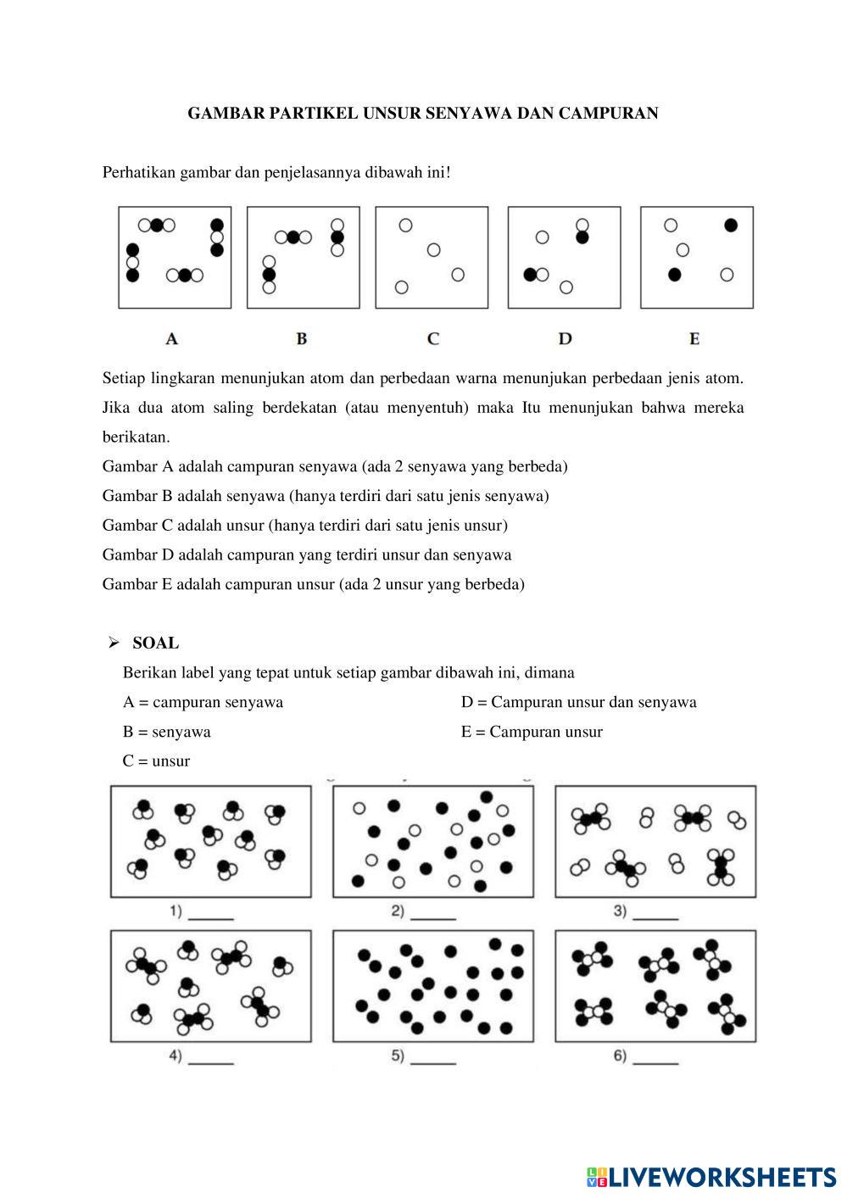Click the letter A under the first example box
point(172,339)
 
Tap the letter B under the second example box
point(302,339)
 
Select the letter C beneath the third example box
point(433,339)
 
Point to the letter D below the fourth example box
point(566,339)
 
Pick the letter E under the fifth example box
point(694,339)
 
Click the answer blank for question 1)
point(211,916)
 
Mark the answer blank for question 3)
point(656,916)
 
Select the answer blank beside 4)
point(211,1060)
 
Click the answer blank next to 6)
point(656,1060)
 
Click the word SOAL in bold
point(156,644)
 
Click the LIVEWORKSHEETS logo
point(711,1177)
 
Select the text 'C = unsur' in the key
point(156,761)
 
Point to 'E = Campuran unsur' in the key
point(532,732)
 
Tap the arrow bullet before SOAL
point(113,644)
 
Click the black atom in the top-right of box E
point(731,226)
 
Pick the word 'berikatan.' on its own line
point(136,437)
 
